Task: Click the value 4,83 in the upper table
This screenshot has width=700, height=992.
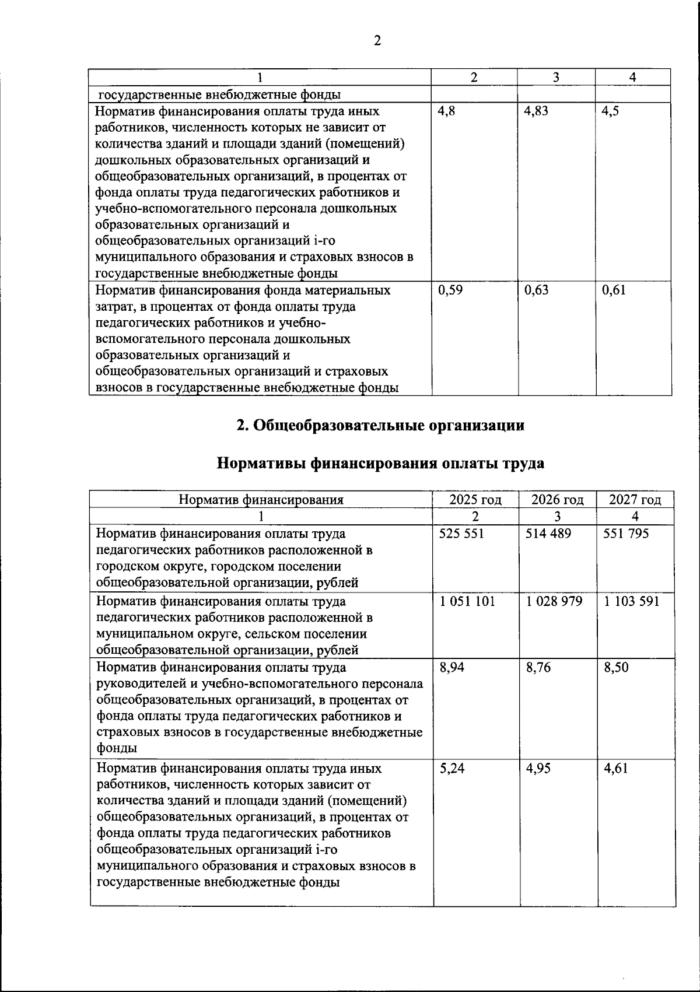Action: click(x=536, y=111)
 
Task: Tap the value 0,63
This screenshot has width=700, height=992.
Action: click(x=536, y=290)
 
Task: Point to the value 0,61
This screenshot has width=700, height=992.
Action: click(x=614, y=290)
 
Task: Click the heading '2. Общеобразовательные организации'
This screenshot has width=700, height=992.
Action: click(x=380, y=425)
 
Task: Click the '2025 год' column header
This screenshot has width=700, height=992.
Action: click(x=475, y=499)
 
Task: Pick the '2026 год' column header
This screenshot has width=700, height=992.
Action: click(x=557, y=499)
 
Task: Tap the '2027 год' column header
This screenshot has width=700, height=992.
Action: click(x=635, y=499)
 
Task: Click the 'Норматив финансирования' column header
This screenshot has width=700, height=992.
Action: click(x=261, y=499)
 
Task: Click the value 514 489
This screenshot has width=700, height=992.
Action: click(x=548, y=533)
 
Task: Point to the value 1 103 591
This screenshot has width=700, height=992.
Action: click(x=631, y=601)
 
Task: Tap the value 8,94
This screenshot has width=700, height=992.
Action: click(x=452, y=667)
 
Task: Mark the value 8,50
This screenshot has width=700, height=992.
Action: click(x=616, y=667)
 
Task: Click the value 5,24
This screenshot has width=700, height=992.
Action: click(x=452, y=768)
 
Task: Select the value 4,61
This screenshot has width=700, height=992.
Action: click(x=615, y=768)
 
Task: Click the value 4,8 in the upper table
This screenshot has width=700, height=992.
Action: click(x=446, y=111)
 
